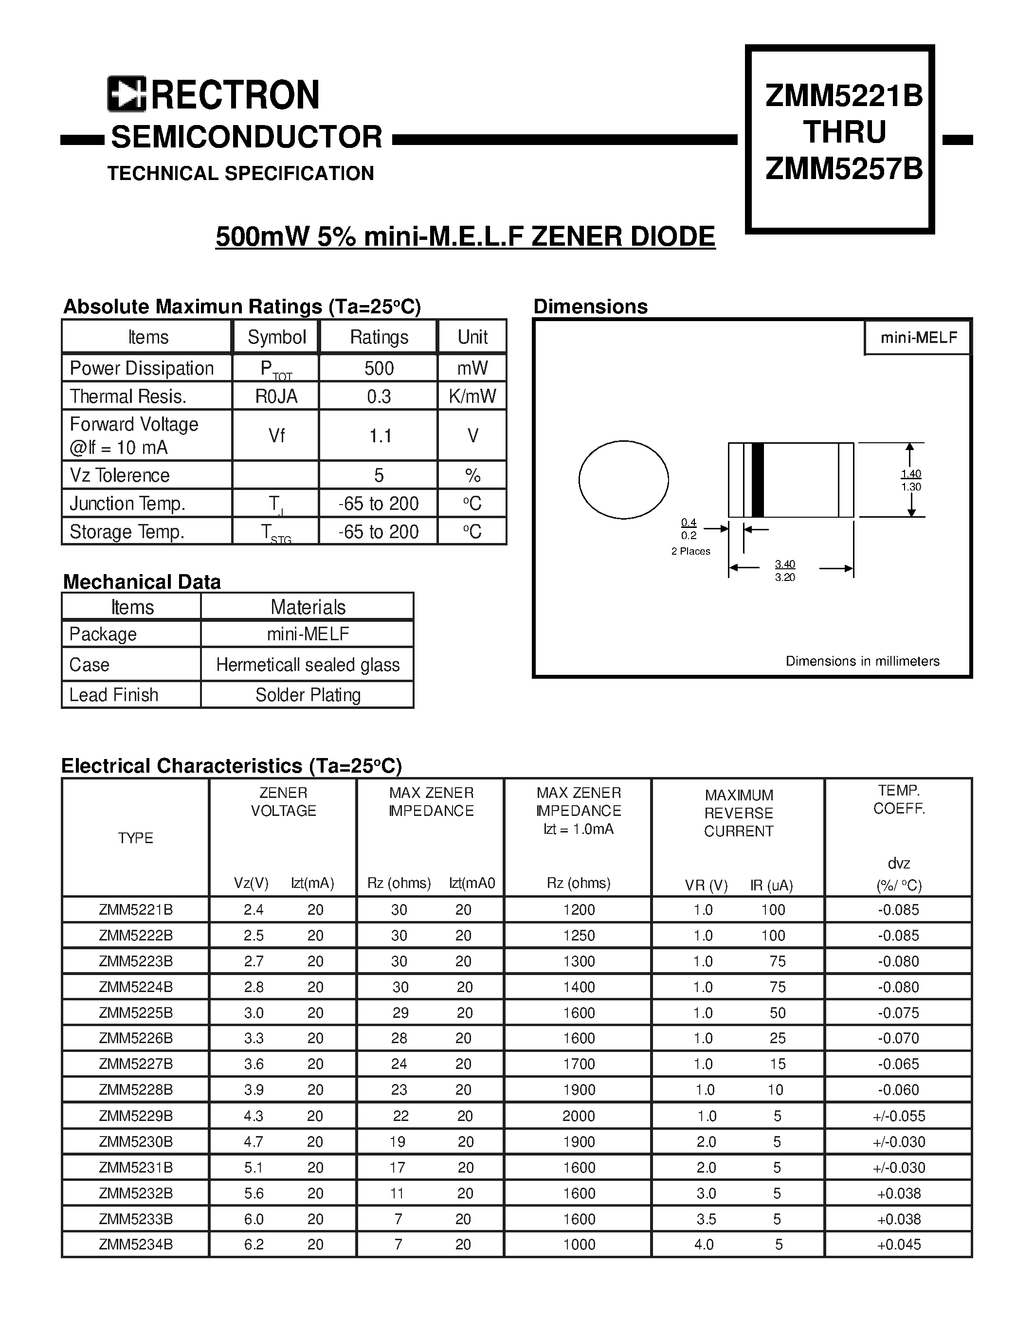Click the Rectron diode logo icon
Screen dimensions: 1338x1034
point(126,94)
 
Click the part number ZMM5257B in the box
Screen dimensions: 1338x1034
point(843,168)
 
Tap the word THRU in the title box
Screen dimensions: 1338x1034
point(843,132)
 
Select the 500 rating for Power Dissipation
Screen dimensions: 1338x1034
point(379,368)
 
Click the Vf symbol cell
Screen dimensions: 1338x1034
point(276,435)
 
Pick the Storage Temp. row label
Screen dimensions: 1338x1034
point(127,531)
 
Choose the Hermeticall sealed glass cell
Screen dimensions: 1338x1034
point(308,665)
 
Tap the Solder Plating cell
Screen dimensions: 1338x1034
point(308,695)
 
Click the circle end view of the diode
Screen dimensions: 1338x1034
point(624,480)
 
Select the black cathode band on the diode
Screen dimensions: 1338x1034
point(758,480)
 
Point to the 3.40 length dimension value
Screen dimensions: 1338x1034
point(785,563)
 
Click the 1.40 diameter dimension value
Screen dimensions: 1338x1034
point(911,473)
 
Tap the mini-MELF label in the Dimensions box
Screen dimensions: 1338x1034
point(918,338)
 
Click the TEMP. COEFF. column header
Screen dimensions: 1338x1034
point(899,799)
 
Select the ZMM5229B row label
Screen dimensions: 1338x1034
point(135,1116)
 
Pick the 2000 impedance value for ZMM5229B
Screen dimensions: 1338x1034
point(578,1116)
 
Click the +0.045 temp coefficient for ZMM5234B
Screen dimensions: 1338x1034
point(899,1244)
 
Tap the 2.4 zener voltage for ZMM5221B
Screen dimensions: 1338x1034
point(253,910)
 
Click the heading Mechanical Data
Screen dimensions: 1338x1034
point(142,581)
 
